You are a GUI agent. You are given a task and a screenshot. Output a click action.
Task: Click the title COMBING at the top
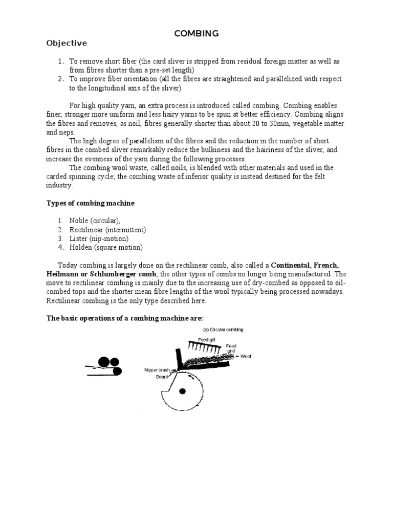[x=196, y=33]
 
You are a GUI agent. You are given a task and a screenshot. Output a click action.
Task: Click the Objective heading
[x=67, y=43]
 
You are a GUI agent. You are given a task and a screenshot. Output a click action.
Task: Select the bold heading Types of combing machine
[x=91, y=203]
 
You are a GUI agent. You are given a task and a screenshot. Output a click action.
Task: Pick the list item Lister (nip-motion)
[x=99, y=238]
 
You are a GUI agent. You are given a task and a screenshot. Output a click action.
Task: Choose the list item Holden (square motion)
[x=106, y=247]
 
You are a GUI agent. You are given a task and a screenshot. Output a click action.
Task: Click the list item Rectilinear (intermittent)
[x=108, y=230]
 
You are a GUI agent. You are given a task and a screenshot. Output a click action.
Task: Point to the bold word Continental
[x=291, y=265]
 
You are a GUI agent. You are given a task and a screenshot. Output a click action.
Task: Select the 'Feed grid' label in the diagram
[x=231, y=348]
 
